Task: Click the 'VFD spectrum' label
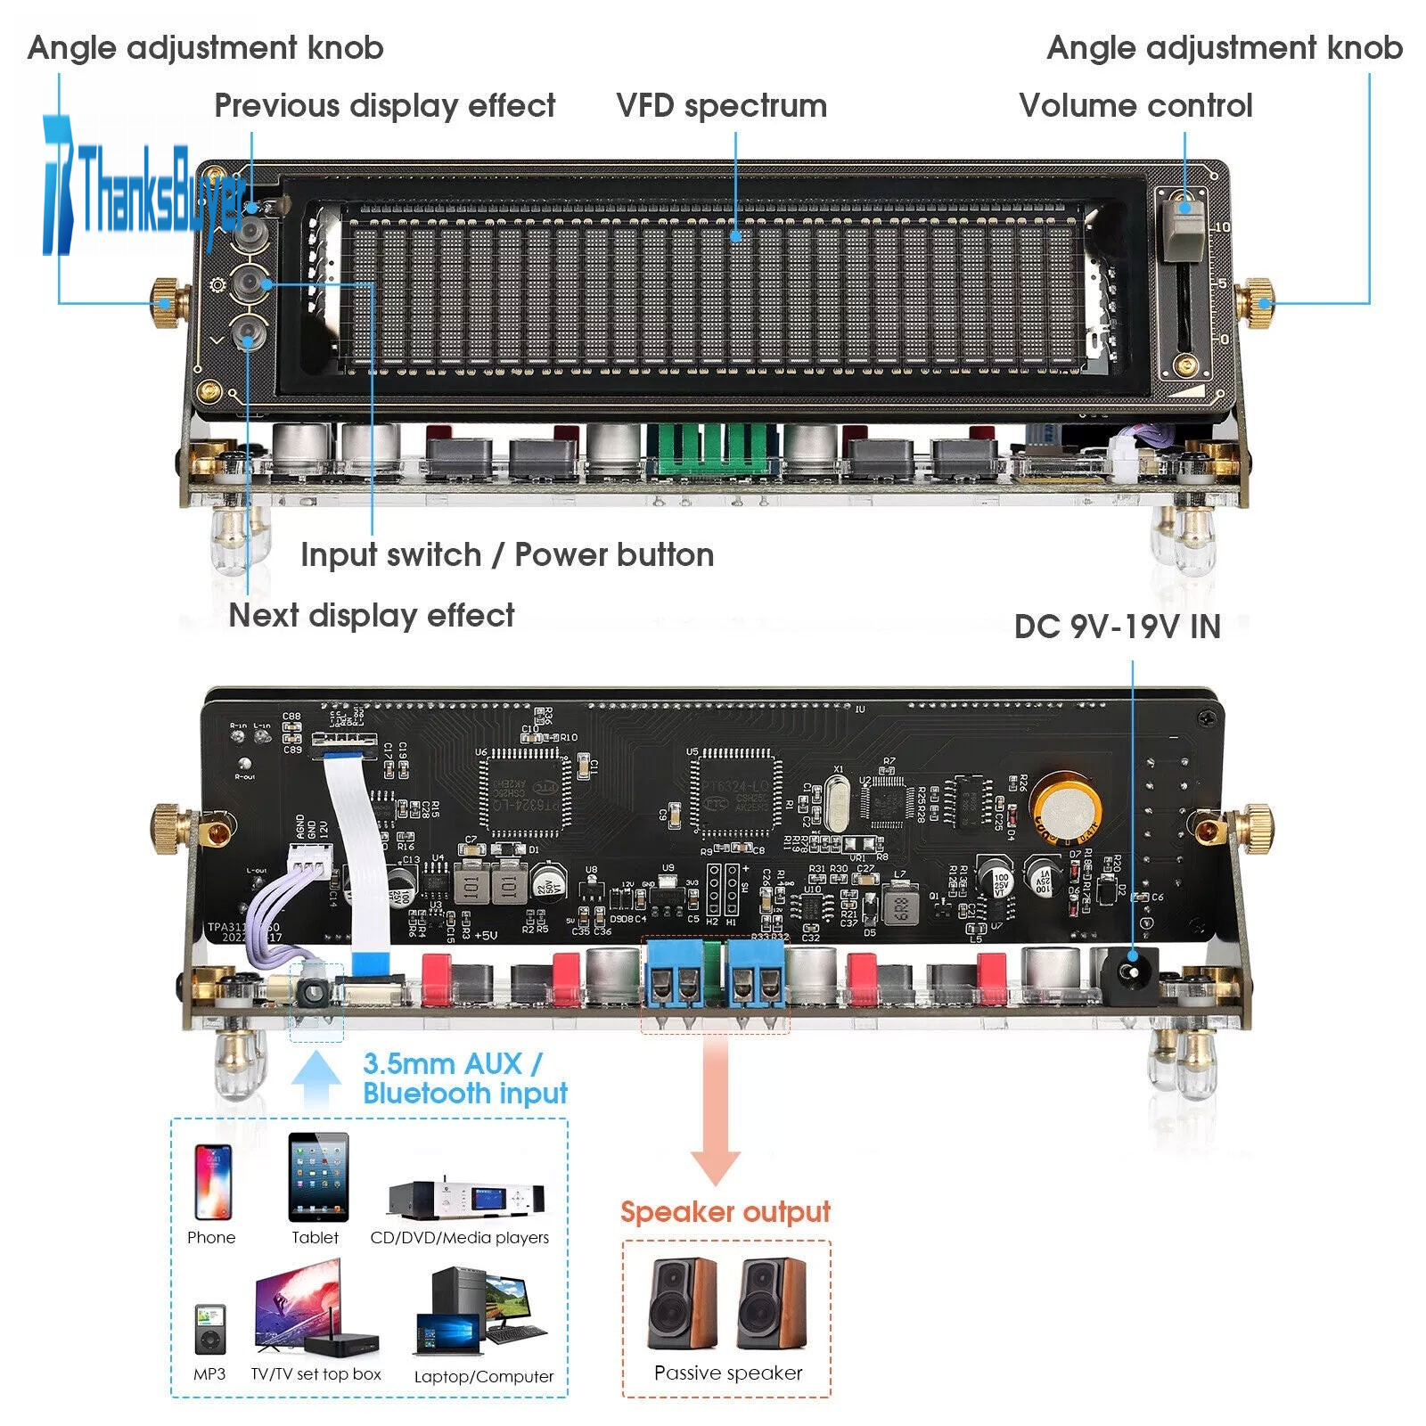click(721, 106)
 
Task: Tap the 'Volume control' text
click(1135, 106)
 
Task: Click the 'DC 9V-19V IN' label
click(1117, 627)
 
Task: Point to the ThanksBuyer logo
click(143, 187)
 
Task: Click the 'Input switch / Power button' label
click(506, 555)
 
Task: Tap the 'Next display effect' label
click(372, 616)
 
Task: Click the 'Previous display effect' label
click(384, 106)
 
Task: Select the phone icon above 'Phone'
click(212, 1182)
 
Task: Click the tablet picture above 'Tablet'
click(318, 1176)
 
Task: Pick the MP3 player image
click(209, 1329)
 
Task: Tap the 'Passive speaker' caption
click(727, 1373)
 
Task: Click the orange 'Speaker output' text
click(725, 1212)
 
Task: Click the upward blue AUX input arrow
click(316, 1078)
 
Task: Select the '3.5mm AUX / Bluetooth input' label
click(464, 1078)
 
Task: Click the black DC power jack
click(1129, 973)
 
